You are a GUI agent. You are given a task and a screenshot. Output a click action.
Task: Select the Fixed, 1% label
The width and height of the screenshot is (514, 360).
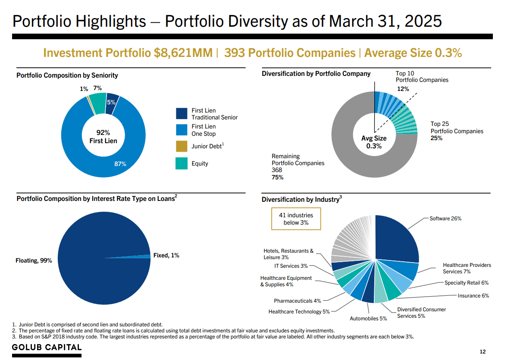point(166,256)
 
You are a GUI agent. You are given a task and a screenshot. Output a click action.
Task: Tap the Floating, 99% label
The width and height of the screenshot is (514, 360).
point(34,261)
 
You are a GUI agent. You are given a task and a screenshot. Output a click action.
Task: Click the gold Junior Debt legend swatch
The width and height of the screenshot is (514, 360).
point(182,146)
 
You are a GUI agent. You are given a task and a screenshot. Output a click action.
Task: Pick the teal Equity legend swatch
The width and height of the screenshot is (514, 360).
point(182,163)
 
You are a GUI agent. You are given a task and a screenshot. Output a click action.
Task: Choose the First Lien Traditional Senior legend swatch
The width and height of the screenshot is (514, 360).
point(182,114)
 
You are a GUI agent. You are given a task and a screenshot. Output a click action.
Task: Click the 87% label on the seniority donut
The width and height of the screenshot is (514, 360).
point(120,164)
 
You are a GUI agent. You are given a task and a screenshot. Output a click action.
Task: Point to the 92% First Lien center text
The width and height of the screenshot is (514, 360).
point(103,136)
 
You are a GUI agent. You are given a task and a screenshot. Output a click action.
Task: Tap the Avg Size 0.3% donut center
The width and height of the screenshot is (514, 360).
point(374,142)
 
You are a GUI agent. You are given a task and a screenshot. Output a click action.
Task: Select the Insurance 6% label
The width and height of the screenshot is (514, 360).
point(473,296)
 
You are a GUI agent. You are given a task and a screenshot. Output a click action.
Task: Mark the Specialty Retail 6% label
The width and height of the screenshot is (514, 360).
point(466,283)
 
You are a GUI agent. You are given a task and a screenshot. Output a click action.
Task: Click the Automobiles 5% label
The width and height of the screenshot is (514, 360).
point(368,319)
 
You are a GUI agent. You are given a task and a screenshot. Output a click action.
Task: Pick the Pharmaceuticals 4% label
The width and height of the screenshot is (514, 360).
point(297,301)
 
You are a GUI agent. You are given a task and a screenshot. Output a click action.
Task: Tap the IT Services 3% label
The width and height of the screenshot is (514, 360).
point(291,266)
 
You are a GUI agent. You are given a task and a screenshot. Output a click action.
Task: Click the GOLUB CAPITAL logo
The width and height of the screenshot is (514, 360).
point(47,347)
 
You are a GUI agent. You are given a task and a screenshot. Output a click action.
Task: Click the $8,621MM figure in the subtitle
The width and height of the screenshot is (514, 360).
point(183,53)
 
